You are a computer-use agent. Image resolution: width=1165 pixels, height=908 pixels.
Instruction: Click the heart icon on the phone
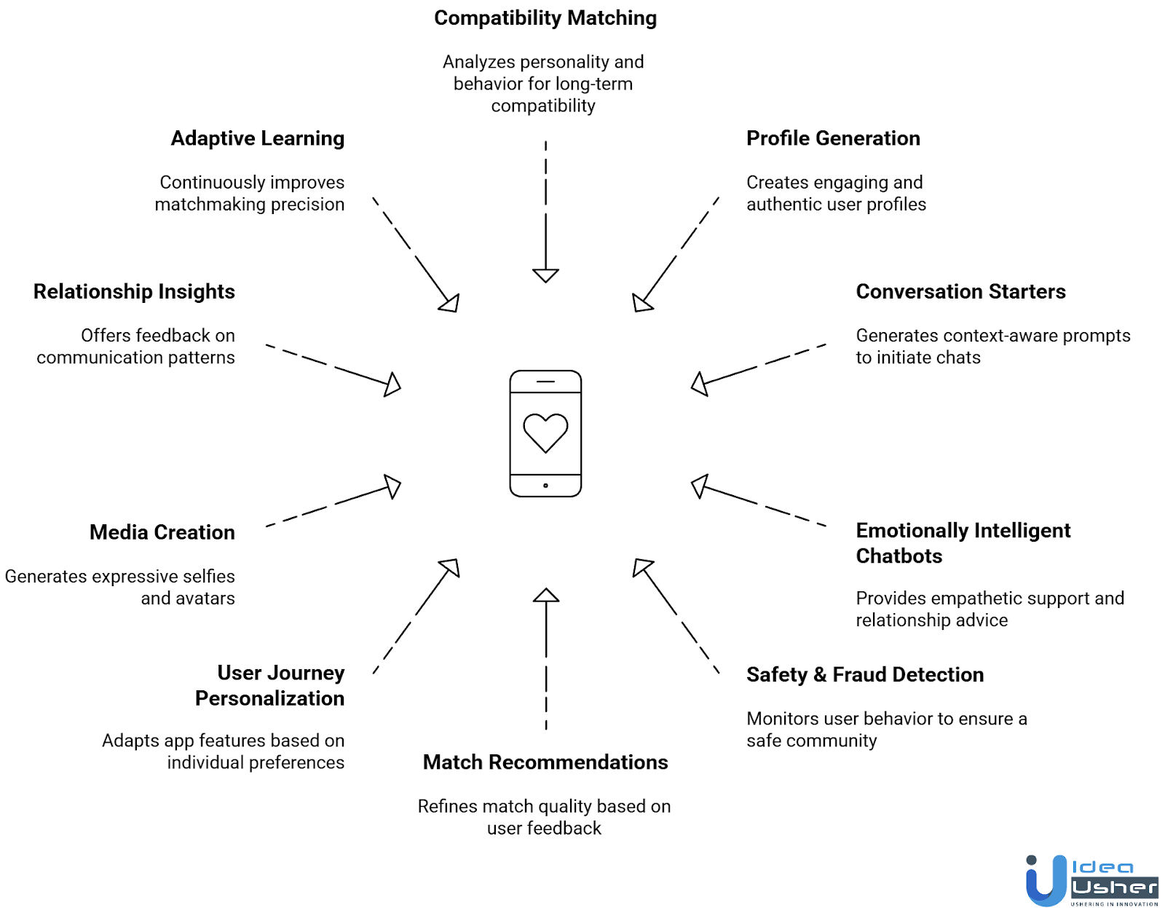545,432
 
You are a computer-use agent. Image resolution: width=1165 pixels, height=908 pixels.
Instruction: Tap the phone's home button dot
545,486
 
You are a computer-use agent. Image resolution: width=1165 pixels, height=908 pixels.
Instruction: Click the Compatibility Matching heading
545,18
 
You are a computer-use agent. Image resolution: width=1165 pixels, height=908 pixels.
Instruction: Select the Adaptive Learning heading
258,138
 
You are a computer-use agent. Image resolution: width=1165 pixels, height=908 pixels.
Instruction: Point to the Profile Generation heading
833,138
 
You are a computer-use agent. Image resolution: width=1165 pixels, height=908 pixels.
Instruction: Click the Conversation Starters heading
960,292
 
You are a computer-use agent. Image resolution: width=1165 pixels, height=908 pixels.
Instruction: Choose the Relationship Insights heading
134,292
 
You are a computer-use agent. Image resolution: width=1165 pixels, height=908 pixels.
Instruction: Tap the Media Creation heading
162,532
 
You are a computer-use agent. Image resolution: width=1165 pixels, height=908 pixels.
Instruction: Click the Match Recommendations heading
545,762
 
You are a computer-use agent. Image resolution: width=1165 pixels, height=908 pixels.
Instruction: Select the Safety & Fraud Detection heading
865,675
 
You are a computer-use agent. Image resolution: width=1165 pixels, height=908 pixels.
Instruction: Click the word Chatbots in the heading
899,556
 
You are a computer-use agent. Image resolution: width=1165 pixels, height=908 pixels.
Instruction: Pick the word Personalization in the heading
269,699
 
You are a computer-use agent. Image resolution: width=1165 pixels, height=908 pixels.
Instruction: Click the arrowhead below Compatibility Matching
545,275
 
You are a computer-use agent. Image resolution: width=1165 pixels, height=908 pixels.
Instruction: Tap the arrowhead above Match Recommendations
546,596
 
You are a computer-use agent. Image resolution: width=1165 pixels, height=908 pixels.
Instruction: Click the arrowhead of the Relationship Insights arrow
393,384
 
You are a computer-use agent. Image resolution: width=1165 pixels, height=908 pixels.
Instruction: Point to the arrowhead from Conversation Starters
699,384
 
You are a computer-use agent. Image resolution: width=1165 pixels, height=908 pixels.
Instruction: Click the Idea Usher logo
1091,880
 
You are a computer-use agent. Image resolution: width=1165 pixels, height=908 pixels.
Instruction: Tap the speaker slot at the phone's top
545,382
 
